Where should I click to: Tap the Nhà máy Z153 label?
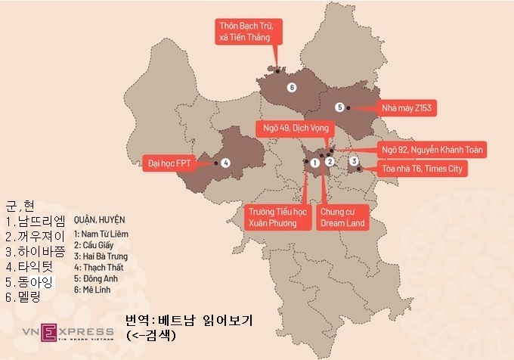pyautogui.click(x=406, y=108)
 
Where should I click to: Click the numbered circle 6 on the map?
pyautogui.click(x=292, y=88)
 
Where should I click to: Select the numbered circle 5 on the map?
pyautogui.click(x=340, y=107)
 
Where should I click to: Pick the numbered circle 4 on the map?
pyautogui.click(x=226, y=162)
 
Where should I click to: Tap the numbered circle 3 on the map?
pyautogui.click(x=354, y=161)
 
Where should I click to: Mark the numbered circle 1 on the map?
pyautogui.click(x=315, y=162)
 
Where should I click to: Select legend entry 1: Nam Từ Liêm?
pyautogui.click(x=101, y=234)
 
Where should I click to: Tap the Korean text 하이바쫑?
pyautogui.click(x=36, y=250)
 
